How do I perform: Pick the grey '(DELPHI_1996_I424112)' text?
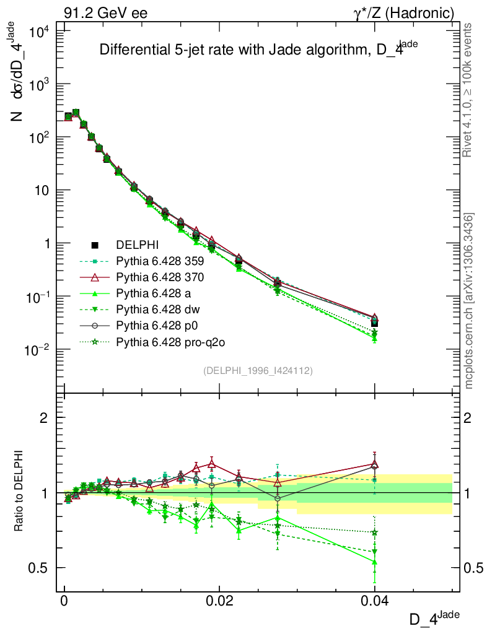(x=257, y=371)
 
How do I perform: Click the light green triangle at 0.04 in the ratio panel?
(x=374, y=562)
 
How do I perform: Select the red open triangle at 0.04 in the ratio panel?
(x=374, y=464)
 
